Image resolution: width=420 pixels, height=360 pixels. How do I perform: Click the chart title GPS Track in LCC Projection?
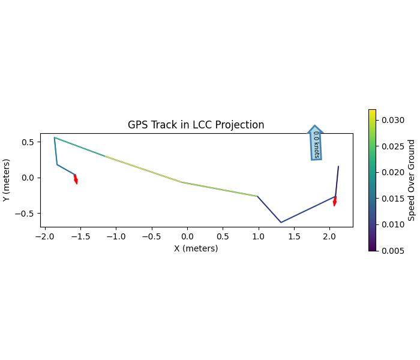pos(196,125)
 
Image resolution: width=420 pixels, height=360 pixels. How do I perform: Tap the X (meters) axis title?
pos(196,248)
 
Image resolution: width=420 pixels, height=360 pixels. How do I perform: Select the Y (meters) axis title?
pos(7,180)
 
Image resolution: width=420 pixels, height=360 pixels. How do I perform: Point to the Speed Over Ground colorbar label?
pos(412,180)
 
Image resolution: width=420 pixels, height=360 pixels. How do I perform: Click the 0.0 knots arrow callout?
pos(316,143)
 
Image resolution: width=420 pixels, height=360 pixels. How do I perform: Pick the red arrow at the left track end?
pos(76,179)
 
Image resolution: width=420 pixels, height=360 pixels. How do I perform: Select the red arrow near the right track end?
pos(335,201)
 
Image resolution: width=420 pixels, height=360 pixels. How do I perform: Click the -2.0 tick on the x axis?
pos(44,236)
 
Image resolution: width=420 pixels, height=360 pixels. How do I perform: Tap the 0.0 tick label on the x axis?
pos(187,236)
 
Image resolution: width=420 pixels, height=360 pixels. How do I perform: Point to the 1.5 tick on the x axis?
pos(294,236)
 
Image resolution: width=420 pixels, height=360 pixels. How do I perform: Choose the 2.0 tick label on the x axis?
pos(329,236)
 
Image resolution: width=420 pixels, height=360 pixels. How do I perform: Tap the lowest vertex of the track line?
pos(281,223)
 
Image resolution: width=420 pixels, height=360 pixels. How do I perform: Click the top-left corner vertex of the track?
pos(55,137)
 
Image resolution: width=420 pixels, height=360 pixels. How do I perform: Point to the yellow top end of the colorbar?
pos(372,111)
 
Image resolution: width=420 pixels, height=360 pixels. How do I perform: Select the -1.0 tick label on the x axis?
pos(116,236)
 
